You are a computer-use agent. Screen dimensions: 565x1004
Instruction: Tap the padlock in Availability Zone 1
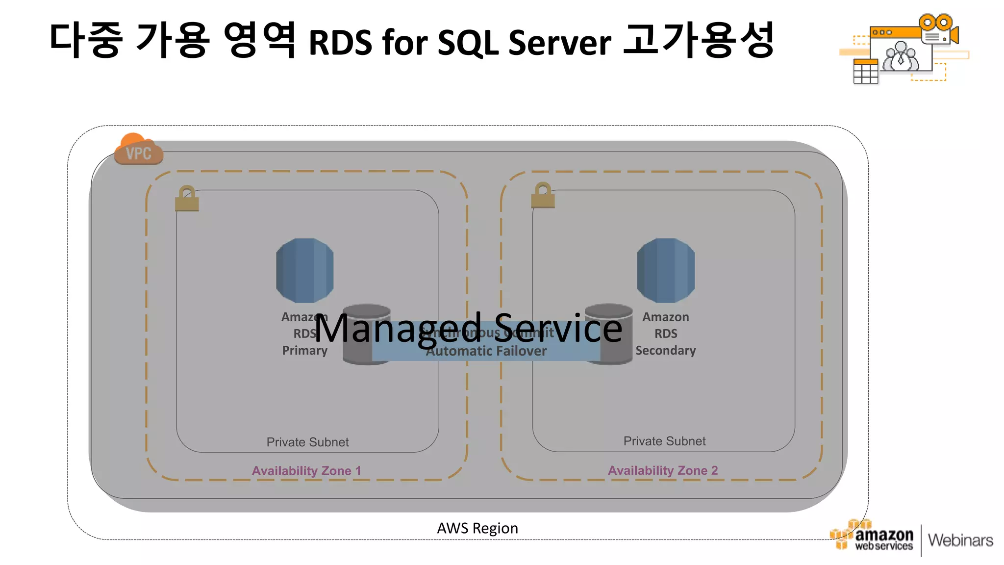pos(187,199)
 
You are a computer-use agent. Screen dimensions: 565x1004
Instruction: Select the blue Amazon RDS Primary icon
pos(304,270)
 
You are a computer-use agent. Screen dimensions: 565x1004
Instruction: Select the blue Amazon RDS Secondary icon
pos(665,270)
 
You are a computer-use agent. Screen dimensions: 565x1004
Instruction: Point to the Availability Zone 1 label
pos(306,471)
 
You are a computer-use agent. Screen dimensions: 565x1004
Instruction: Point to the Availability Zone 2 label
pos(663,470)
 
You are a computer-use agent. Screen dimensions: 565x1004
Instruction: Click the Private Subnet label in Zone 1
pos(307,442)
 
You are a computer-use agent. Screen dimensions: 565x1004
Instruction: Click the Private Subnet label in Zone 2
pos(664,441)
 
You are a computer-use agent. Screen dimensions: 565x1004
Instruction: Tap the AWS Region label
pos(477,528)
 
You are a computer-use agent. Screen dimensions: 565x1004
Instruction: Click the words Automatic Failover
pos(486,351)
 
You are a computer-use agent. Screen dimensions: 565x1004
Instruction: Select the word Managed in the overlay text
pos(398,329)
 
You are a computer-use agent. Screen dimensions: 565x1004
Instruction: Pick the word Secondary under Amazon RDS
pos(665,351)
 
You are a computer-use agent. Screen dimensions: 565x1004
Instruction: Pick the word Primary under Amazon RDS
pos(304,351)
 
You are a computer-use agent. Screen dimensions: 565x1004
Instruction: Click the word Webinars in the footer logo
pos(960,540)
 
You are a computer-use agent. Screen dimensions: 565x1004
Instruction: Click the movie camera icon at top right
pos(938,29)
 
